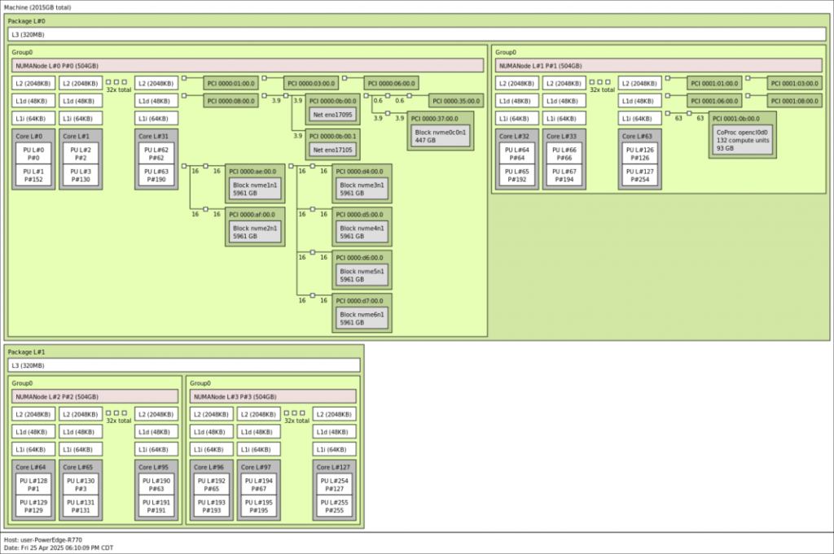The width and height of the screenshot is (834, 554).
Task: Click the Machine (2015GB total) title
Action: [x=37, y=7]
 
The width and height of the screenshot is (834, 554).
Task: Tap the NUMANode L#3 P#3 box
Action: [x=274, y=396]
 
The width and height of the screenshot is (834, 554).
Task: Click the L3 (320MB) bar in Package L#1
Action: [x=184, y=365]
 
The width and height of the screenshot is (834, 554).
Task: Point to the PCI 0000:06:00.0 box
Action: [x=390, y=83]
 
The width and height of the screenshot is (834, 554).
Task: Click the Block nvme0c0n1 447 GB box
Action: [x=441, y=135]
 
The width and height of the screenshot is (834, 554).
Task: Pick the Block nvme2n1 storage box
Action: [x=255, y=233]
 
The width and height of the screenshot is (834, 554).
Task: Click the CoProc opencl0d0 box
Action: [x=741, y=140]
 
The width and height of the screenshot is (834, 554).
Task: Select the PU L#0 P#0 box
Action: [x=33, y=154]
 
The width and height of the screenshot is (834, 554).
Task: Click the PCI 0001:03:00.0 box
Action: [x=793, y=83]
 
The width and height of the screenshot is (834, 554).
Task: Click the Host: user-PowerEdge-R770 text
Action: [x=43, y=539]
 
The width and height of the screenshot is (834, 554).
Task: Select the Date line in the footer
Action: [x=59, y=547]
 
